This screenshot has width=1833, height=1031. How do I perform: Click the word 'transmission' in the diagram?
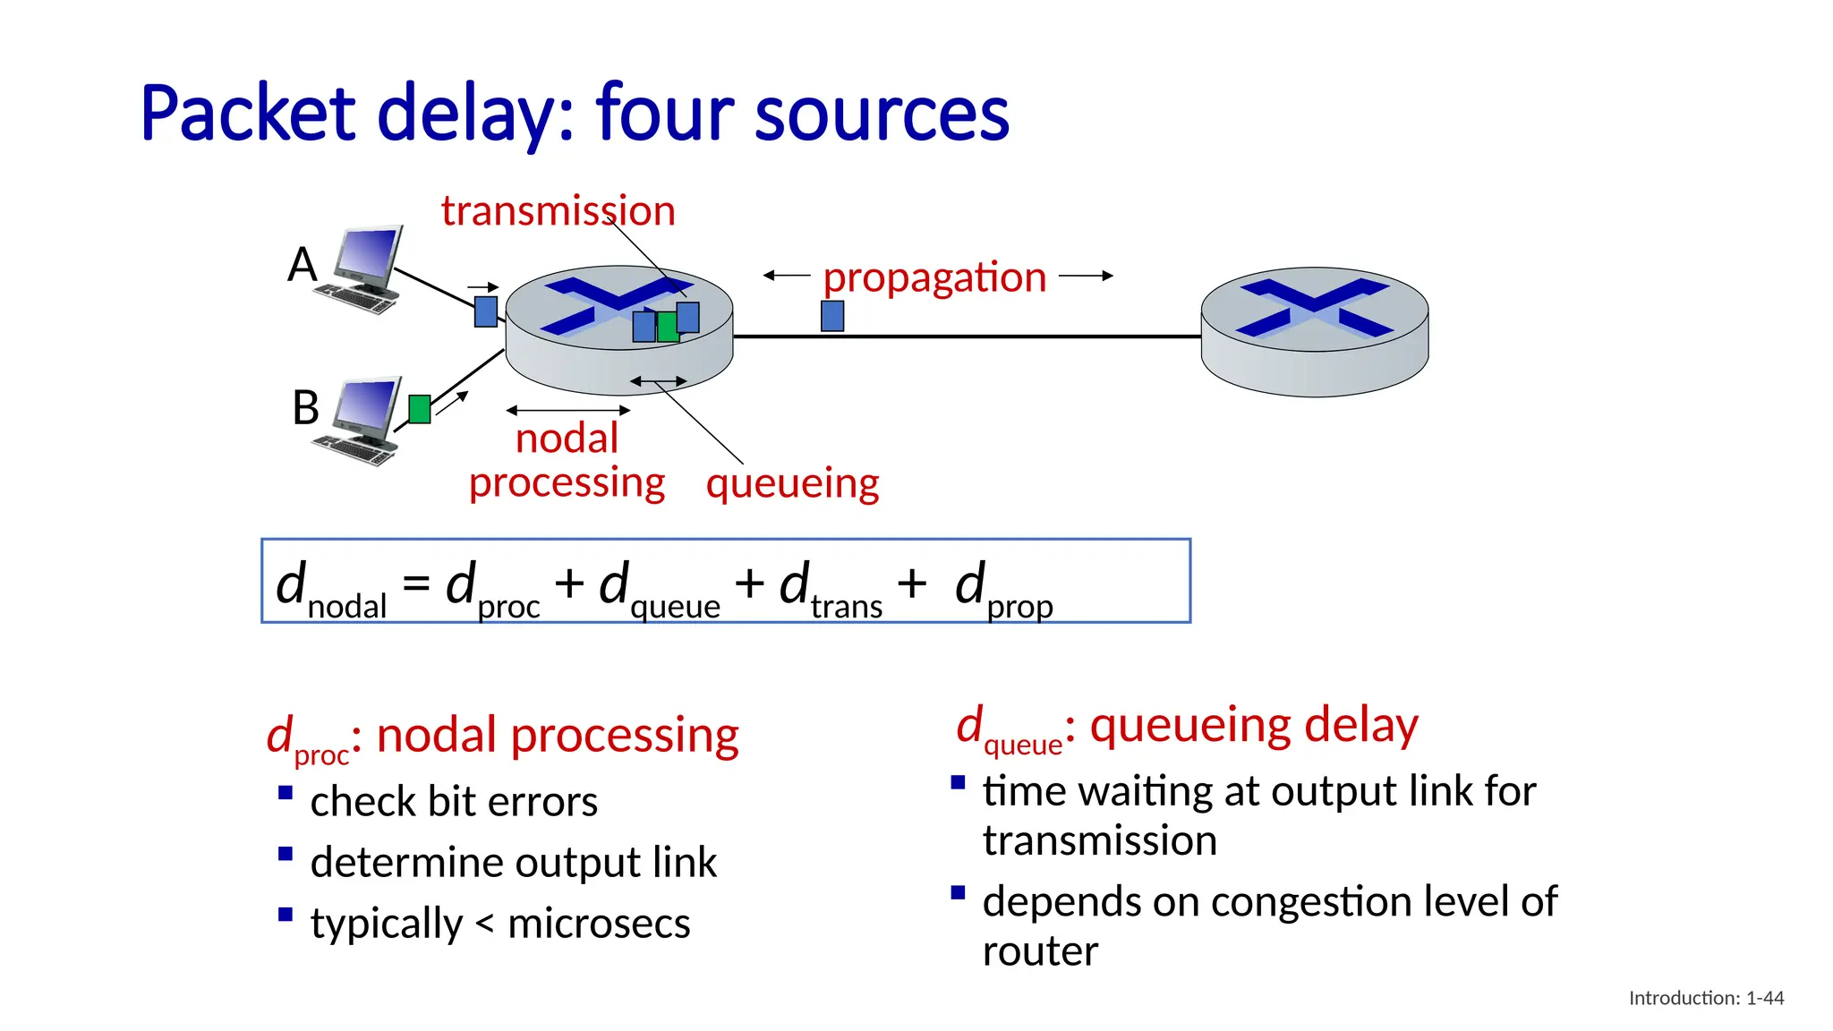pyautogui.click(x=558, y=211)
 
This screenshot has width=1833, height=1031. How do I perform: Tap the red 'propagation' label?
pyautogui.click(x=934, y=277)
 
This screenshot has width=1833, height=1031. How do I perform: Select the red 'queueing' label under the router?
pyautogui.click(x=792, y=483)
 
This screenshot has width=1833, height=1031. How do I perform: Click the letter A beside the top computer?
pyautogui.click(x=303, y=265)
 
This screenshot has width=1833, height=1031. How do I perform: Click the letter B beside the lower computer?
pyautogui.click(x=305, y=408)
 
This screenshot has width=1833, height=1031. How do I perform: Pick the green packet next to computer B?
pyautogui.click(x=420, y=409)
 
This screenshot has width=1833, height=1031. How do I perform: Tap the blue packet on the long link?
pyautogui.click(x=832, y=316)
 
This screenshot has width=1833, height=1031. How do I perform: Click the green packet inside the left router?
pyautogui.click(x=667, y=328)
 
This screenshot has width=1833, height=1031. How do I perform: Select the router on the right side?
pyautogui.click(x=1314, y=331)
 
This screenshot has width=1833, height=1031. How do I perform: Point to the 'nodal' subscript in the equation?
pyautogui.click(x=347, y=608)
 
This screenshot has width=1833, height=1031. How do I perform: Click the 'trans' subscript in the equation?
pyautogui.click(x=847, y=608)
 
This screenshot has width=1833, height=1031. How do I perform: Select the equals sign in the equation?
pyautogui.click(x=416, y=584)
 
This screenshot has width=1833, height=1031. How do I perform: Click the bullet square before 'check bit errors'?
pyautogui.click(x=286, y=792)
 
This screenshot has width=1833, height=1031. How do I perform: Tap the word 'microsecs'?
pyautogui.click(x=599, y=924)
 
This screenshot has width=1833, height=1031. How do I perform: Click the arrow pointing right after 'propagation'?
pyautogui.click(x=1086, y=276)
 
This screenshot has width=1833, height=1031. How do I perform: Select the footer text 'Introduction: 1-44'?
pyautogui.click(x=1706, y=998)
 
